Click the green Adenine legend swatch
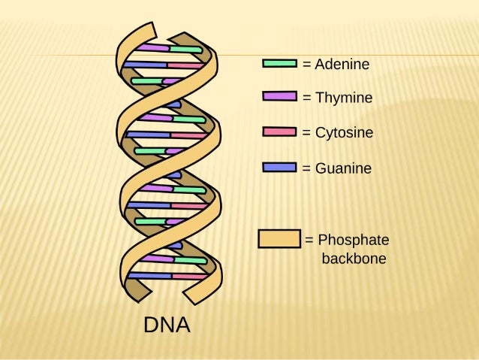click(279, 64)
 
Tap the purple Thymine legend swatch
click(279, 97)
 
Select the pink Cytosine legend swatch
click(279, 132)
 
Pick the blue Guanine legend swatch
click(279, 168)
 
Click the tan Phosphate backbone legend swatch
click(279, 239)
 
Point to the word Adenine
click(342, 65)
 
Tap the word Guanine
click(342, 168)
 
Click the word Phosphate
click(354, 241)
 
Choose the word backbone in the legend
click(354, 259)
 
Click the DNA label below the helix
click(167, 325)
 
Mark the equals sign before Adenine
click(306, 65)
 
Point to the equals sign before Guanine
click(306, 168)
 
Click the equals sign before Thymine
click(306, 98)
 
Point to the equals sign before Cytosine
click(306, 133)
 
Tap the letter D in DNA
click(151, 325)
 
